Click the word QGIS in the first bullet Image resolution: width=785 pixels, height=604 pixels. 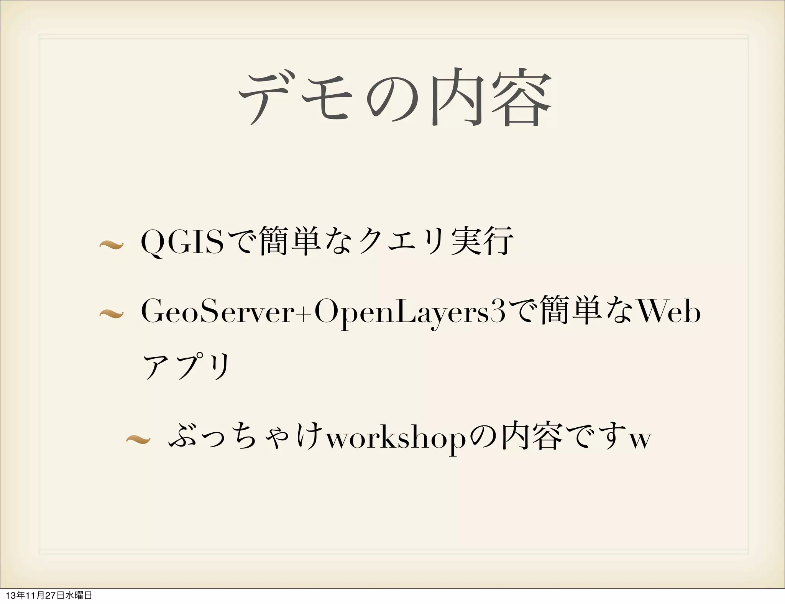pos(182,242)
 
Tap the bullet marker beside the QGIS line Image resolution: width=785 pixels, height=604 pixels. pos(111,244)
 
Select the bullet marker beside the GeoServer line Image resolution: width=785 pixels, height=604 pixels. pos(111,314)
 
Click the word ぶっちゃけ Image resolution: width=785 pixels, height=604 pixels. pos(245,437)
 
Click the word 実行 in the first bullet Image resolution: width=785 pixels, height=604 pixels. pos(482,241)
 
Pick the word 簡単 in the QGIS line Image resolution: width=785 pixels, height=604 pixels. pos(290,241)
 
